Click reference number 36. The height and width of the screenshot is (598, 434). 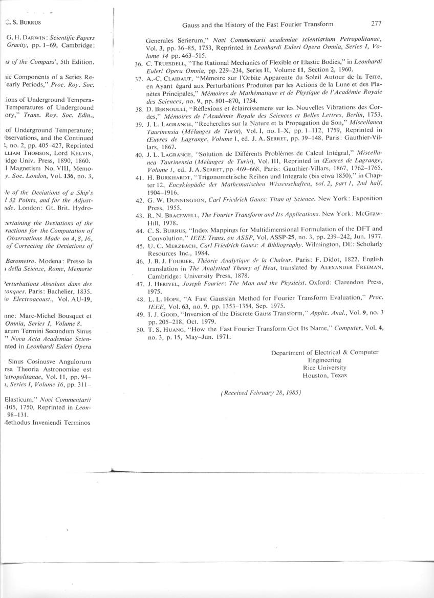click(x=138, y=64)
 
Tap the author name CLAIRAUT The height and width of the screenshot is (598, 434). click(x=170, y=79)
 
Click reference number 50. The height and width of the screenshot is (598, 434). click(x=138, y=329)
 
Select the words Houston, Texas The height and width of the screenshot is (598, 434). click(x=324, y=375)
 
